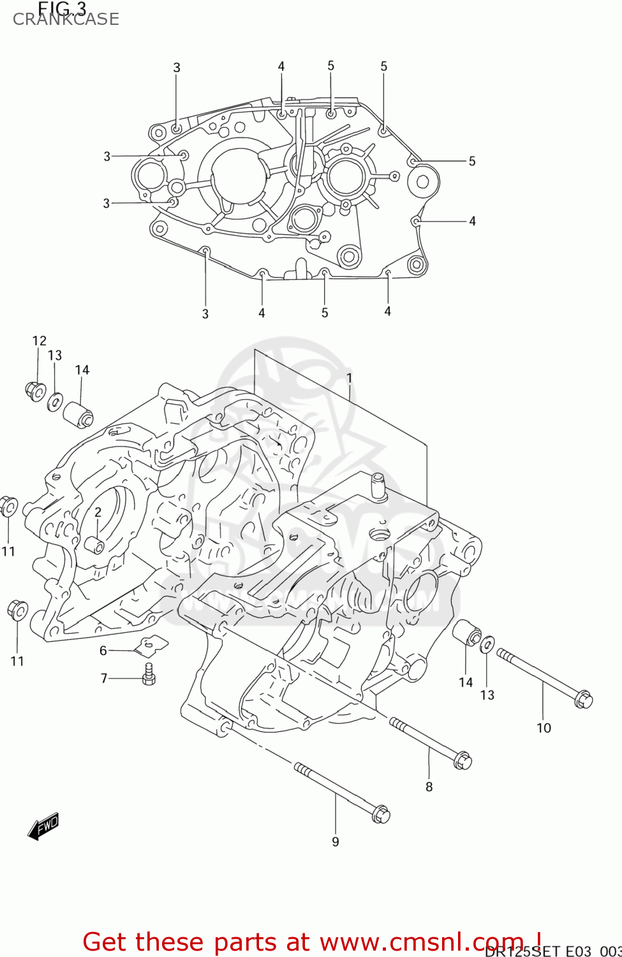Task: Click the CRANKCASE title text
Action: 66,19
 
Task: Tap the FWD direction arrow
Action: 43,826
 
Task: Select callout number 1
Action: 349,378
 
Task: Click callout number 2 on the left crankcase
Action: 98,512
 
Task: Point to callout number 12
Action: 40,341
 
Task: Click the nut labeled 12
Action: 35,390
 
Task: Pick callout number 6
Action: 103,650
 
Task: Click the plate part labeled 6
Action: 152,646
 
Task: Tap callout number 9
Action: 336,842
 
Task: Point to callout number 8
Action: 429,787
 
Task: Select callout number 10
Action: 544,728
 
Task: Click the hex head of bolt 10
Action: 583,700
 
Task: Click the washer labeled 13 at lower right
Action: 487,644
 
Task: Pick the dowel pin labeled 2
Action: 94,545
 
